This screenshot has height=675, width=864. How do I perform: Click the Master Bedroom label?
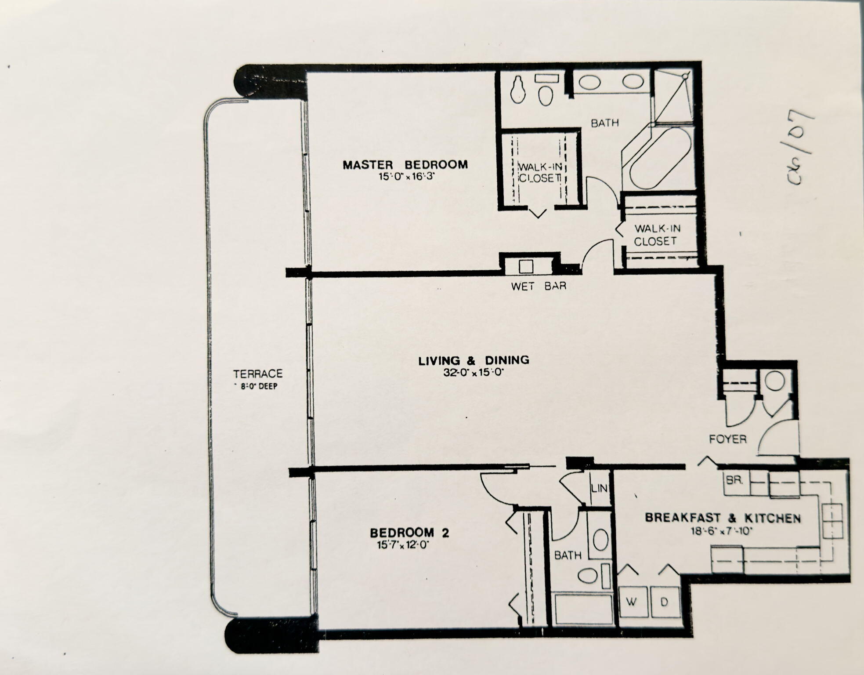[x=405, y=165]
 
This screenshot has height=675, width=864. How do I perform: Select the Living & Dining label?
[x=474, y=361]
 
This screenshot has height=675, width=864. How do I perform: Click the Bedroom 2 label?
[x=409, y=533]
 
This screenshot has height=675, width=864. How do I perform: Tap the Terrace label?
[x=258, y=374]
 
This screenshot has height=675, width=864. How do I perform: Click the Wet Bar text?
[x=539, y=286]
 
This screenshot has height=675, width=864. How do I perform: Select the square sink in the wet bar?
[x=526, y=266]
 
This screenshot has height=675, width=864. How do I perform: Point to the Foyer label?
[x=728, y=439]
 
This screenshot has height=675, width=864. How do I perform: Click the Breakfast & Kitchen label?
[x=723, y=518]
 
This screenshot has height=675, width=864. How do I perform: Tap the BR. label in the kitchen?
[x=734, y=481]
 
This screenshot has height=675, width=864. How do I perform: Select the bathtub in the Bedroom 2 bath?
[x=584, y=609]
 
